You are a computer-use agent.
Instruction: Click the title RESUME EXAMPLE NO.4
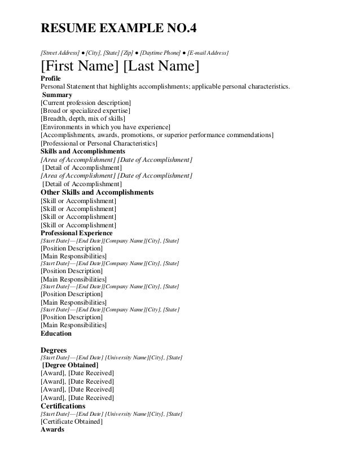point(119,29)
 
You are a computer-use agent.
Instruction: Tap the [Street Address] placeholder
point(59,53)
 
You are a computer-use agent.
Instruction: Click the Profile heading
point(51,79)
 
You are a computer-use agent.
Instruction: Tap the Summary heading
point(57,95)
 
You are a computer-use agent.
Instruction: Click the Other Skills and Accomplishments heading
point(97,192)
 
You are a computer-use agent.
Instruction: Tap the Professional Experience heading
point(76,233)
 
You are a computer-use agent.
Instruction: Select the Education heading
point(56,333)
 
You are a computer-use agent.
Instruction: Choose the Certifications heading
point(63,406)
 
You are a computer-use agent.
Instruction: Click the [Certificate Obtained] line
point(71,421)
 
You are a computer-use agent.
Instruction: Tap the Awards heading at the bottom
point(52,429)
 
